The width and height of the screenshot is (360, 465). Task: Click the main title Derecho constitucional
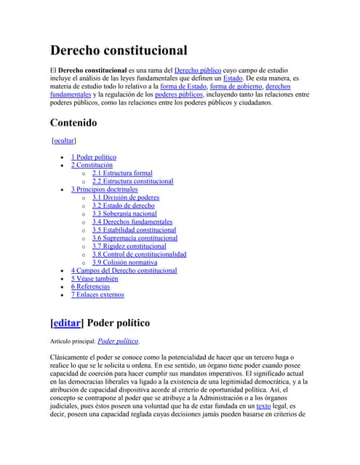119,50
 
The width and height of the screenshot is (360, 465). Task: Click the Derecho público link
198,70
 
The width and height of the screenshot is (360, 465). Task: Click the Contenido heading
73,123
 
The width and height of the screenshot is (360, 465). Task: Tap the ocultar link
64,140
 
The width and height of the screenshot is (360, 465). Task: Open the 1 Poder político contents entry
93,157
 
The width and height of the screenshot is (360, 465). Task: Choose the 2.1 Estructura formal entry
122,173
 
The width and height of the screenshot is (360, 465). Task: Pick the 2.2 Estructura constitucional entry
132,181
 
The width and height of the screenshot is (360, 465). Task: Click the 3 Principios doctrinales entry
104,190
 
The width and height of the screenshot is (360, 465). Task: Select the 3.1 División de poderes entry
125,198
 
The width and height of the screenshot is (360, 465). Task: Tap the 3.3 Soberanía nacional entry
124,214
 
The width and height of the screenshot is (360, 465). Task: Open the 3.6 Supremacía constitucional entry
135,238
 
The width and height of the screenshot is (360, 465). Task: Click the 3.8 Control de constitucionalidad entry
139,254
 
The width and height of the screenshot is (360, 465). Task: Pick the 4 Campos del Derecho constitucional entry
124,270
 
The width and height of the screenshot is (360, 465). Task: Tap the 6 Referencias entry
90,286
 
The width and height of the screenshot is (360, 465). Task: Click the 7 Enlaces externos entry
97,294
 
